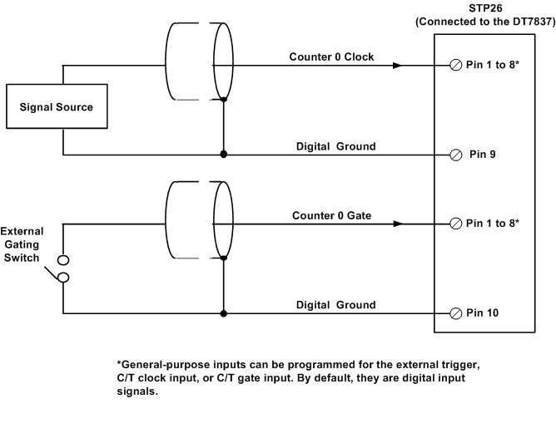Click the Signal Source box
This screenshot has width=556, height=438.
tap(57, 107)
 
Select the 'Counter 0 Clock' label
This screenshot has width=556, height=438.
tap(331, 57)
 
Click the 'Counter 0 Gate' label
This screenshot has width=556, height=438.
tap(331, 215)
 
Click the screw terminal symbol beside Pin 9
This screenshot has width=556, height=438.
tap(455, 155)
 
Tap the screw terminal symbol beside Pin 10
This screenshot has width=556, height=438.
tap(455, 313)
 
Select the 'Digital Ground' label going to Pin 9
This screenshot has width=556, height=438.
tap(335, 146)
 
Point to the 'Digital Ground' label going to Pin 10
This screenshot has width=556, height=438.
tap(335, 305)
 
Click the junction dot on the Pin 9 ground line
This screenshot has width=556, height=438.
tap(223, 155)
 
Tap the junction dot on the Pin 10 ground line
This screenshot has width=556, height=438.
tap(223, 313)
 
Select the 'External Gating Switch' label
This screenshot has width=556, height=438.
tap(22, 244)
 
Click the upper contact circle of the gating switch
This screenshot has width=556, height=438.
tap(62, 261)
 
